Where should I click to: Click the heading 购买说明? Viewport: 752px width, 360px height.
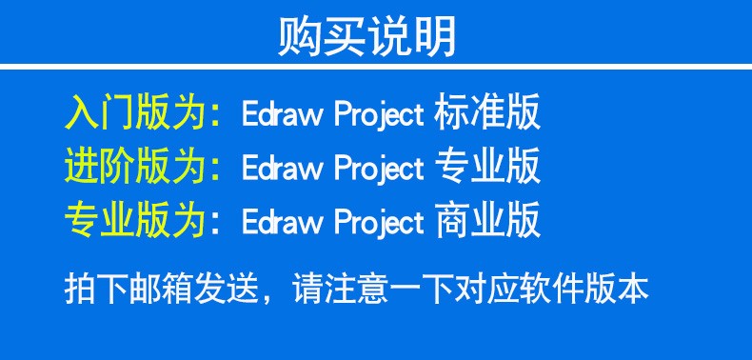pos(366,36)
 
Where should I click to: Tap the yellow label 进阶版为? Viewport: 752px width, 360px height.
pos(136,167)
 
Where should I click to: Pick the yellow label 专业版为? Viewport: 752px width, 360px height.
pos(136,220)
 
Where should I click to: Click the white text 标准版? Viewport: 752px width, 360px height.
pos(487,112)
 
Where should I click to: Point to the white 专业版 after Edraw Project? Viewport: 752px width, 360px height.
pos(487,167)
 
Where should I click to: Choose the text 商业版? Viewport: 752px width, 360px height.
pos(487,220)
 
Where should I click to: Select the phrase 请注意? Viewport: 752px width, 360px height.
pos(341,288)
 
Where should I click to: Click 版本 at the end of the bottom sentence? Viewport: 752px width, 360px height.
pos(617,288)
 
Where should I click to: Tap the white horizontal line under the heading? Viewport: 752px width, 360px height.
pos(376,67)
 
